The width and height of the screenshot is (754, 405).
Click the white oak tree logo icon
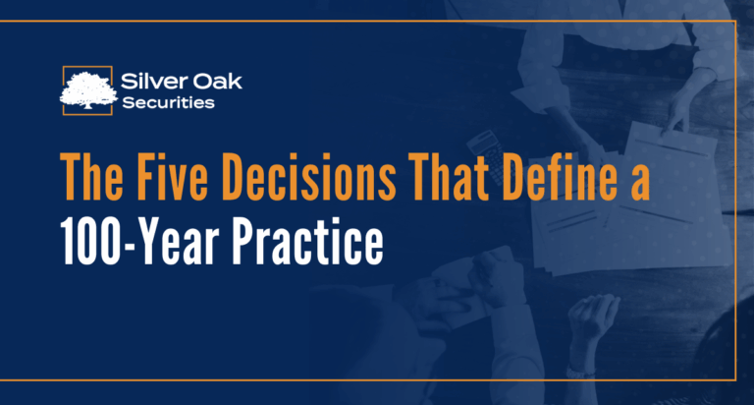pyautogui.click(x=89, y=87)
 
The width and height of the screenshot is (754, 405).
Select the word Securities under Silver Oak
pyautogui.click(x=168, y=100)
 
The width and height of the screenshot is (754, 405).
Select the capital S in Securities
pyautogui.click(x=130, y=100)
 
